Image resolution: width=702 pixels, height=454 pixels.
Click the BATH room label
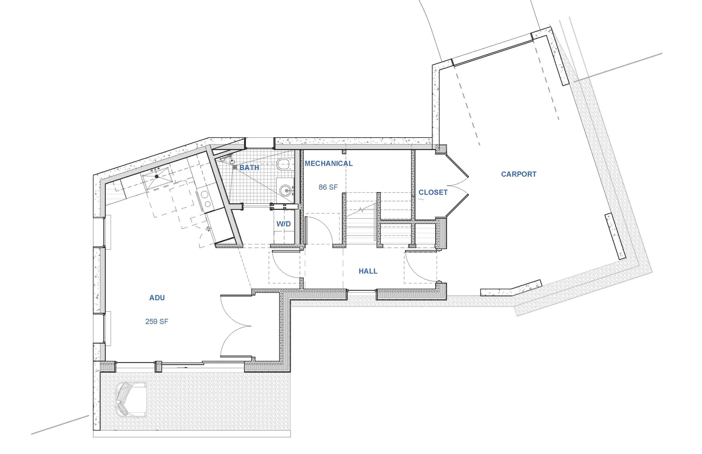(x=249, y=168)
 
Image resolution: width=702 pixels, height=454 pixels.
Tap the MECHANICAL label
(x=328, y=163)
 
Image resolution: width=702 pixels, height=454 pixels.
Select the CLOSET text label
(x=433, y=192)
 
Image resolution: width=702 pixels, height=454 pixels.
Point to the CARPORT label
(x=519, y=174)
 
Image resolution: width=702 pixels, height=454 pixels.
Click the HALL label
(x=368, y=271)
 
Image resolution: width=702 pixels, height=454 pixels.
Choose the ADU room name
(x=157, y=298)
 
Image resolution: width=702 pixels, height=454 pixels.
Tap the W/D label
(x=283, y=224)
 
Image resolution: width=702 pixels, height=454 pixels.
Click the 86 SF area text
(x=328, y=187)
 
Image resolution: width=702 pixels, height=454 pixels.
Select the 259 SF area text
(x=157, y=321)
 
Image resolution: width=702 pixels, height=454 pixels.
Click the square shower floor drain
(x=234, y=167)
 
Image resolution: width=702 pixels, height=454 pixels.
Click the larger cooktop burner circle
(x=204, y=194)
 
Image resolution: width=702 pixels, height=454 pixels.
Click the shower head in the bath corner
(x=232, y=161)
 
